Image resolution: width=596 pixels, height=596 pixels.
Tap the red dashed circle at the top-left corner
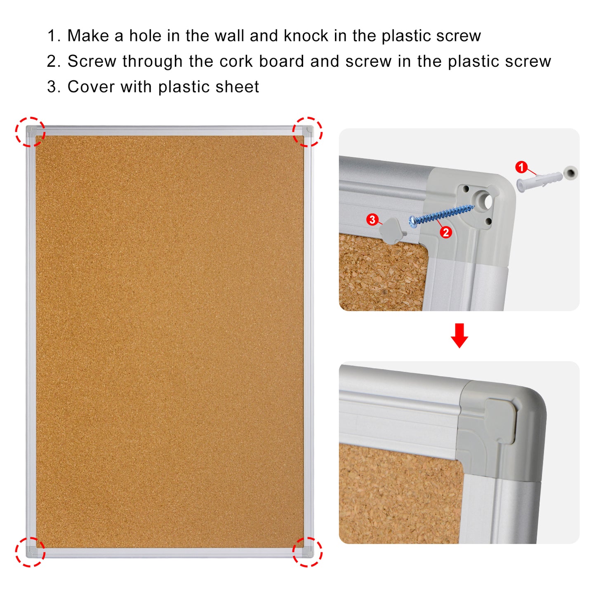click(x=30, y=132)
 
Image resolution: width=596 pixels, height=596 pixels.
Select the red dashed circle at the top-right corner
click(x=307, y=132)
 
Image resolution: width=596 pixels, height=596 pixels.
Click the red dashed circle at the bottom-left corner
click(x=30, y=552)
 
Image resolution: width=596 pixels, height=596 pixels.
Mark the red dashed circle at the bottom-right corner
click(x=307, y=552)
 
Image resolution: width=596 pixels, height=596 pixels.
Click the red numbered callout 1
click(x=521, y=167)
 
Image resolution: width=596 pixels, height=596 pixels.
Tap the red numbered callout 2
click(x=446, y=232)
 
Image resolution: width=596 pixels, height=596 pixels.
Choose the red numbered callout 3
click(x=372, y=219)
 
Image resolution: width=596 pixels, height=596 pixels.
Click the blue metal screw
click(x=441, y=213)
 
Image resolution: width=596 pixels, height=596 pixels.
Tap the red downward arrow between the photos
click(x=459, y=336)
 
